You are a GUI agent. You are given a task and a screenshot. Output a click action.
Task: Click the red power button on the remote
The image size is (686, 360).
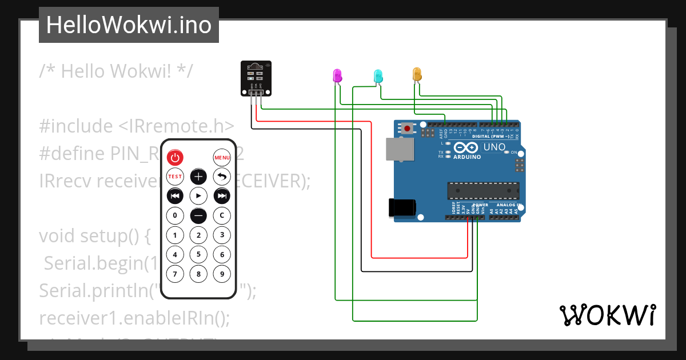coord(175,158)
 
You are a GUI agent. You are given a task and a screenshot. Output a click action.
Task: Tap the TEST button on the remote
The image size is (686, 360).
coord(175,177)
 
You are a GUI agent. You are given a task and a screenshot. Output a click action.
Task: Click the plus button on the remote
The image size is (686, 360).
coord(198,177)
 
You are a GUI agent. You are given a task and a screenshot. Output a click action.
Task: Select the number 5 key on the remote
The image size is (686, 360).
coord(198,255)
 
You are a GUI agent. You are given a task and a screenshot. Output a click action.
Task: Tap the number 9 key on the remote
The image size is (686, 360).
coord(222,274)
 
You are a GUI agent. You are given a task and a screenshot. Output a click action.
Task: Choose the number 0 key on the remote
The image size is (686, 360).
coord(175,216)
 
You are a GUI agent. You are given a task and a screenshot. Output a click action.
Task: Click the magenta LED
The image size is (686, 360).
coord(337,75)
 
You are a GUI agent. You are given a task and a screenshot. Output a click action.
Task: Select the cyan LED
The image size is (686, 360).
coord(378,75)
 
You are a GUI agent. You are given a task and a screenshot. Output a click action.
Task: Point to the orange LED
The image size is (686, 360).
coord(417,74)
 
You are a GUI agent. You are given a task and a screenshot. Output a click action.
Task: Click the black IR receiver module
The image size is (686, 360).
coord(256,78)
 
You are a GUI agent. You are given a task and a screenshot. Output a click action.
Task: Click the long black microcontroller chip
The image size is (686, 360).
coord(483,190)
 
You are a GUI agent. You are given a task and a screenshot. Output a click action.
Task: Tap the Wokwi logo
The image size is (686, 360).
coord(607,315)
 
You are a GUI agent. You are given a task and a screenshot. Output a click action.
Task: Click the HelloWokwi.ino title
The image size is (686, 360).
coord(129,25)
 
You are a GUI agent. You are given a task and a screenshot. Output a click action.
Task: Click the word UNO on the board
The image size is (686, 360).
coord(494,147)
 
